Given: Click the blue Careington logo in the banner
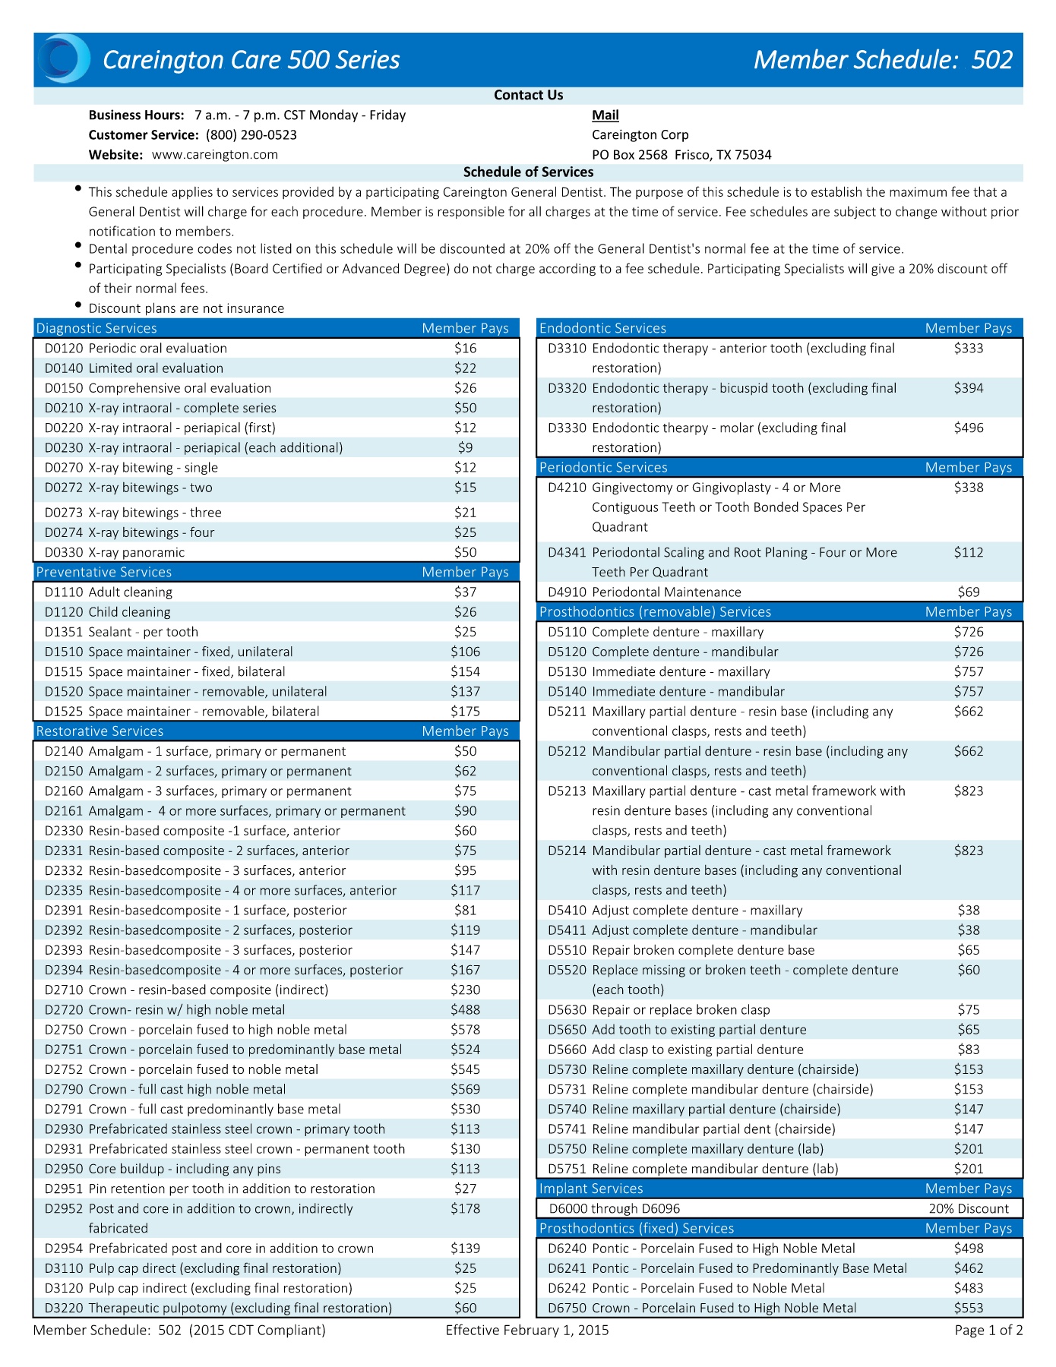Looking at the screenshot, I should pos(64,58).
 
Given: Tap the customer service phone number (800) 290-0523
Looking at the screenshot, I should pos(251,135).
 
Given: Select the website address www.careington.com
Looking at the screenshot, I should pos(215,155).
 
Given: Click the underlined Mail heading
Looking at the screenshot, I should pos(605,115).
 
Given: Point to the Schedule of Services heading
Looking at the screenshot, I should pos(528,172).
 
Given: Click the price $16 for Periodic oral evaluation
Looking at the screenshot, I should pos(465,349).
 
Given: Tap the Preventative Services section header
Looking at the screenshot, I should pos(104,573).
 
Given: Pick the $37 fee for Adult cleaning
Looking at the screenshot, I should pos(465,592).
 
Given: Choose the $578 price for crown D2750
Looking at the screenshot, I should pos(465,1030).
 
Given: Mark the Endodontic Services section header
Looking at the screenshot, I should pos(602,329).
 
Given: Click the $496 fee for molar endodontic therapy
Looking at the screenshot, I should pos(969,428).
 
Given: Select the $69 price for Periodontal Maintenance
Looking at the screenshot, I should pos(969,592).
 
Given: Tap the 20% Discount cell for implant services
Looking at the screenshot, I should pos(969,1209).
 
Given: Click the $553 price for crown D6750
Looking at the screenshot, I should pos(969,1309).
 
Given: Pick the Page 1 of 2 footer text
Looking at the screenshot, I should pos(988,1331).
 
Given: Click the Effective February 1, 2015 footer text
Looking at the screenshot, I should pos(527,1331).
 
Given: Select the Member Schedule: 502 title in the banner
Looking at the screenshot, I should pos(883,60).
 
